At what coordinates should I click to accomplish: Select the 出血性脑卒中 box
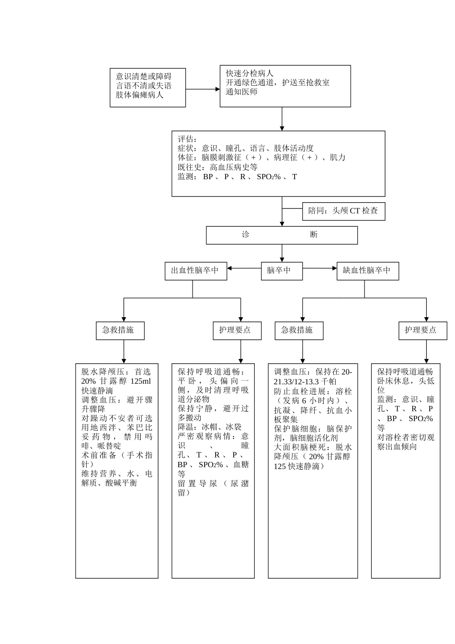195,271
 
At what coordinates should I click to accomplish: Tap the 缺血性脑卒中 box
367,271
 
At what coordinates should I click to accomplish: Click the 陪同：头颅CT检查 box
343,211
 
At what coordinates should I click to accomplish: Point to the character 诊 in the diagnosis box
246,235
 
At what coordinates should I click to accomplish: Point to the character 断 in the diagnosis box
314,235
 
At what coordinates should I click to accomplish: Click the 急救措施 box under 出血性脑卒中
120,330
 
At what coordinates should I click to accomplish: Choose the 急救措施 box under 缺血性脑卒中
299,330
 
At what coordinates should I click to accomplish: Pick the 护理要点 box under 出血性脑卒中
237,330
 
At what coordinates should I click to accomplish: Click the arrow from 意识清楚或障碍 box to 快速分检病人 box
203,89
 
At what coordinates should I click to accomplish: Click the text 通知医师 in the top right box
242,92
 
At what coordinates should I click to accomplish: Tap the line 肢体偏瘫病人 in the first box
139,95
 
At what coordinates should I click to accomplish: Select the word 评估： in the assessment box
187,139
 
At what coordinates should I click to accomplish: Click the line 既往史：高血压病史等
217,167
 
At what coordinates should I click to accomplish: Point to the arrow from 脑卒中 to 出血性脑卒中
244,268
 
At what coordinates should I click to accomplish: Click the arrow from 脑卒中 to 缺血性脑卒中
320,268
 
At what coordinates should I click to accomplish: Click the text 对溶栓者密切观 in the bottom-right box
405,437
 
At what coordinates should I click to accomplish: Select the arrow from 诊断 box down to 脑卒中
282,253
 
